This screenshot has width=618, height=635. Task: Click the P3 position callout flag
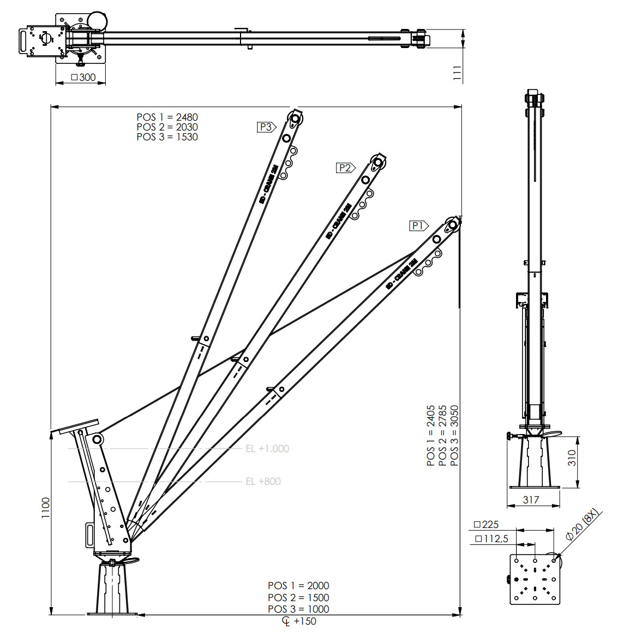[266, 127]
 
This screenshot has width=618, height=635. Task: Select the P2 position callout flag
[345, 168]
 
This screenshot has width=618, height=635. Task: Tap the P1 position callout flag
[418, 225]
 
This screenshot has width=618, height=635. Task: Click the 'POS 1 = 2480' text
[167, 117]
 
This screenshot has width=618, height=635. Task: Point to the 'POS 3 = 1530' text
[167, 137]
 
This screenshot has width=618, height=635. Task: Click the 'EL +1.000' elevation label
[267, 449]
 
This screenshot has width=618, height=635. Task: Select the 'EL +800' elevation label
[263, 482]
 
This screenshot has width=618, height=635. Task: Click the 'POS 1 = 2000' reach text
[298, 585]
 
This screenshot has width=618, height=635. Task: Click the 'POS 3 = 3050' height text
[454, 435]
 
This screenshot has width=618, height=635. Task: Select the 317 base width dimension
[531, 500]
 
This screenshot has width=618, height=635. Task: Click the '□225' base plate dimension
[486, 525]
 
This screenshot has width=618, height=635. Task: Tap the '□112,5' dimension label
[491, 539]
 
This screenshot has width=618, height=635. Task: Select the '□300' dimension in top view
[83, 78]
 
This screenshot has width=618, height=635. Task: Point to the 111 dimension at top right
[457, 73]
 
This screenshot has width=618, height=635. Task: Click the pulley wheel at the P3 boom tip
[295, 119]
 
